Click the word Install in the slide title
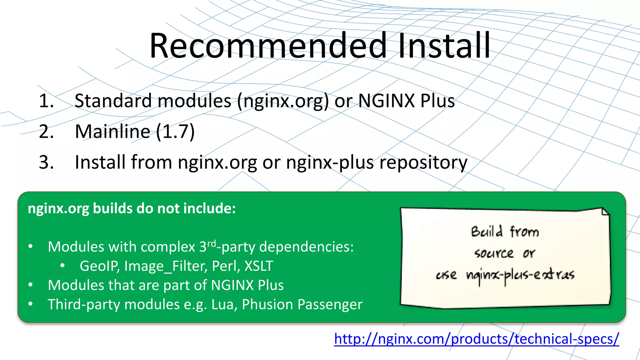tap(444, 46)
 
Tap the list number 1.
tap(46, 101)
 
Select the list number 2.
tap(46, 131)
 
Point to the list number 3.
tap(46, 162)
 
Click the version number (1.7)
tap(175, 131)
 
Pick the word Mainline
tap(112, 131)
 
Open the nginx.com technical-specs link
tap(477, 339)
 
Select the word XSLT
tap(259, 266)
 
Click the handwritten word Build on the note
tap(487, 232)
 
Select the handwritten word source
tap(494, 253)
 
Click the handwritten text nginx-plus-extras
tap(520, 275)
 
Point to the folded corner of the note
tap(605, 211)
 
